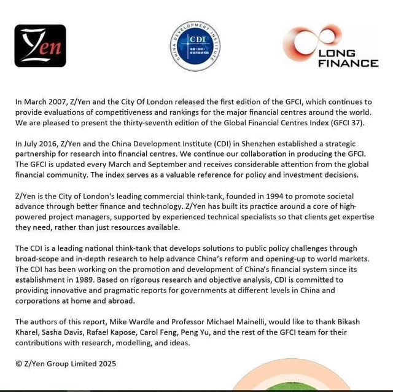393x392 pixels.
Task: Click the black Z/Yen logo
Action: [40, 45]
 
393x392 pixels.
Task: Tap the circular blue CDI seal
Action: [195, 46]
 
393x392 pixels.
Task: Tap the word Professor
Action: [205, 321]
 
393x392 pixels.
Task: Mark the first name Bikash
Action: [358, 321]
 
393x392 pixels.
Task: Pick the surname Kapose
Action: [126, 332]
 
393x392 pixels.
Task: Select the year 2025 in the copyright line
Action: [105, 363]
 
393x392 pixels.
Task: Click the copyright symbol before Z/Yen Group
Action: [19, 363]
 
